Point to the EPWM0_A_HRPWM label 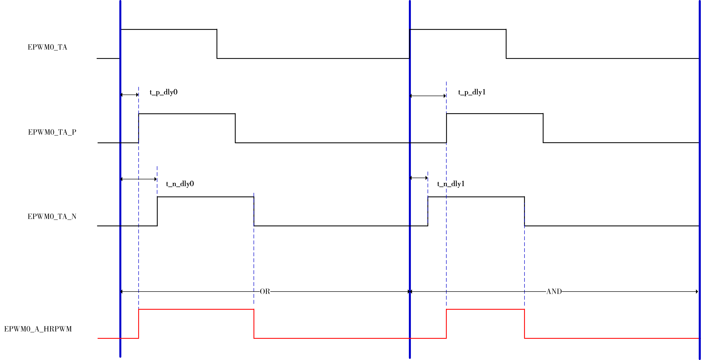38,329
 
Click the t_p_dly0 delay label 164,92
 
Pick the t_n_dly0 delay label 180,184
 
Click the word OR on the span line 265,292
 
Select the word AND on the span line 554,292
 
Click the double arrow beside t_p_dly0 130,95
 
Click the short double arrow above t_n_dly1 419,178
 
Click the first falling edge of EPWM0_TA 217,44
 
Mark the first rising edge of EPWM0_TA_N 157,211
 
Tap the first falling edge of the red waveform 254,324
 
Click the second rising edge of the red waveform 446,324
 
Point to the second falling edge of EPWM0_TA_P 543,128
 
